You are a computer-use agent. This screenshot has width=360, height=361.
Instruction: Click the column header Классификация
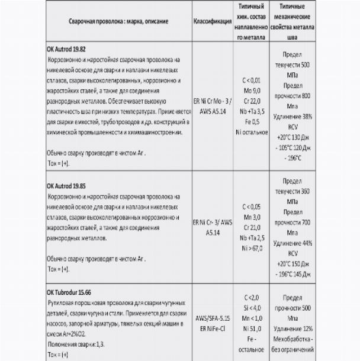tap(213, 21)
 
